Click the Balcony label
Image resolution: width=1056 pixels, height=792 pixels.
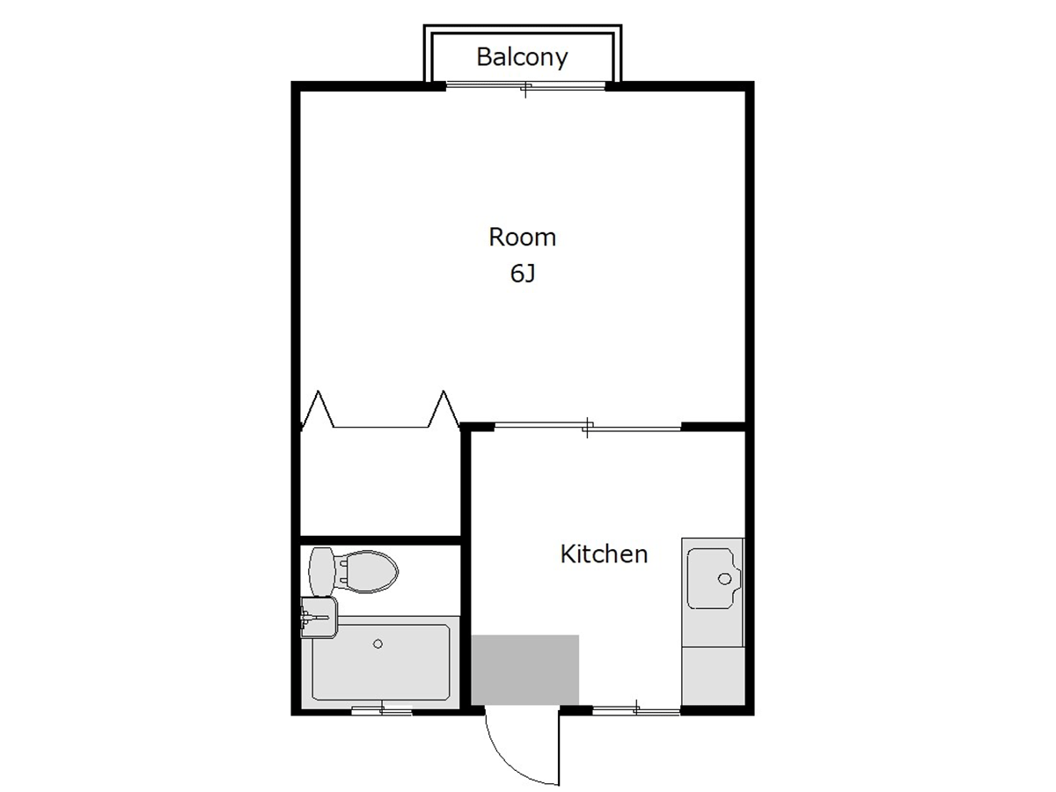click(x=522, y=57)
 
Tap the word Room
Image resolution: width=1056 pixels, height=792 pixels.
click(x=522, y=237)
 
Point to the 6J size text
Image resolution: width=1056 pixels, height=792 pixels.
click(x=523, y=274)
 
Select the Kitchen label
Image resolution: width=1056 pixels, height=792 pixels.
click(x=604, y=554)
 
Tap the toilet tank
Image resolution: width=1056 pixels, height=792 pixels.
click(x=321, y=572)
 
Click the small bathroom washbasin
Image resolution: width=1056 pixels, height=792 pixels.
click(x=319, y=618)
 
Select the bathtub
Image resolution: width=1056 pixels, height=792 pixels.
click(x=380, y=662)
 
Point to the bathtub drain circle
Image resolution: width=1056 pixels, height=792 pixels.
click(x=378, y=644)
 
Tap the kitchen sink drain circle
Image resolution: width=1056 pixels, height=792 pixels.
click(x=724, y=579)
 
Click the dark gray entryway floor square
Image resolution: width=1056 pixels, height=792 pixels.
click(x=524, y=670)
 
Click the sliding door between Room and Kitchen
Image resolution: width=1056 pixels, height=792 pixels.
click(x=588, y=427)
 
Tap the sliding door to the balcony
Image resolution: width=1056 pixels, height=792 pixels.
click(x=525, y=87)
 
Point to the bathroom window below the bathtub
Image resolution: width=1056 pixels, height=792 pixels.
click(x=382, y=710)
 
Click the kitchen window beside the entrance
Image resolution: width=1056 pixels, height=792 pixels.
click(x=636, y=710)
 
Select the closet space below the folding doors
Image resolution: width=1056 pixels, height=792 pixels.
click(x=380, y=481)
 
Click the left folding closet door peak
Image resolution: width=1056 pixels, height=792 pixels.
click(x=318, y=392)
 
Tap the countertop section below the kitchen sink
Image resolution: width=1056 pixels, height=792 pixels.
click(x=713, y=676)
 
